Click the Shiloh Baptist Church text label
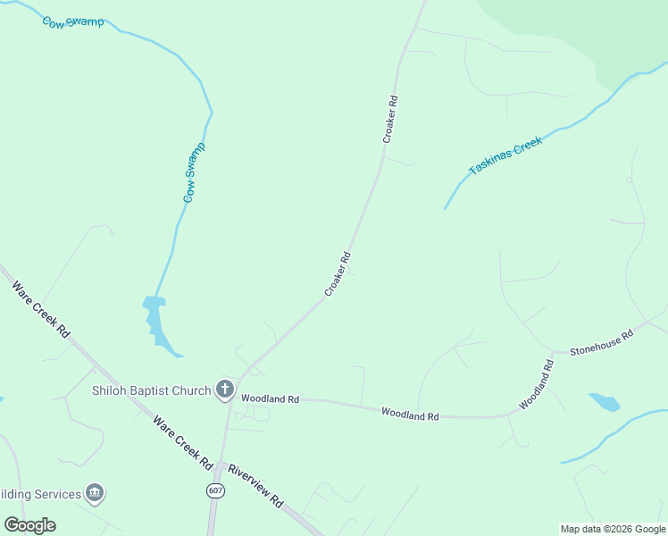151,389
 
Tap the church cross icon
224,389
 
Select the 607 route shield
214,490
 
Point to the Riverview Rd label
255,485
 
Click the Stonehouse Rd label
601,340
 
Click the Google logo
30,524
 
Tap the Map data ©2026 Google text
613,529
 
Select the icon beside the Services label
94,493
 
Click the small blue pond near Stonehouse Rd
605,401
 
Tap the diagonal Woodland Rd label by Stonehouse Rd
537,385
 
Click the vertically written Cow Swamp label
194,172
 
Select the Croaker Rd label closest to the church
337,274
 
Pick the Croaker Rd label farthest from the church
389,120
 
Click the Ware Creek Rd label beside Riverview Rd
182,442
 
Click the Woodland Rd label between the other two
410,415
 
